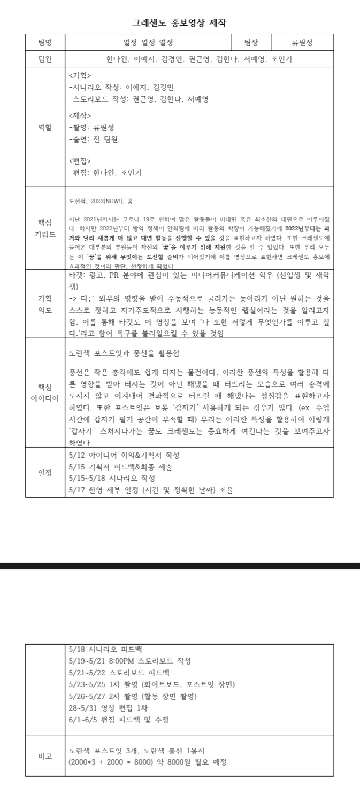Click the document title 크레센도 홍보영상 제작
pyautogui.click(x=180, y=22)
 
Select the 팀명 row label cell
pyautogui.click(x=45, y=43)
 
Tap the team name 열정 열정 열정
pyautogui.click(x=148, y=43)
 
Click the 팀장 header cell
pyautogui.click(x=251, y=43)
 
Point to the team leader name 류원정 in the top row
pyautogui.click(x=302, y=43)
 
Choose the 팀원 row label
pyautogui.click(x=45, y=59)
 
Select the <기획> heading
pyautogui.click(x=80, y=75)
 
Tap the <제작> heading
pyautogui.click(x=80, y=115)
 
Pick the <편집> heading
pyautogui.click(x=80, y=161)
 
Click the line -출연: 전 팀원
pyautogui.click(x=94, y=140)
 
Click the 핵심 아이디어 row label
pyautogui.click(x=45, y=392)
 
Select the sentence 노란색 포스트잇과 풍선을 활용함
pyautogui.click(x=124, y=353)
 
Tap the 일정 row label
pyautogui.click(x=45, y=472)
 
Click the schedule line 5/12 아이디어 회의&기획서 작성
pyautogui.click(x=124, y=455)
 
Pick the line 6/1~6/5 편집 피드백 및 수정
pyautogui.click(x=119, y=720)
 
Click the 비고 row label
pyautogui.click(x=45, y=756)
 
